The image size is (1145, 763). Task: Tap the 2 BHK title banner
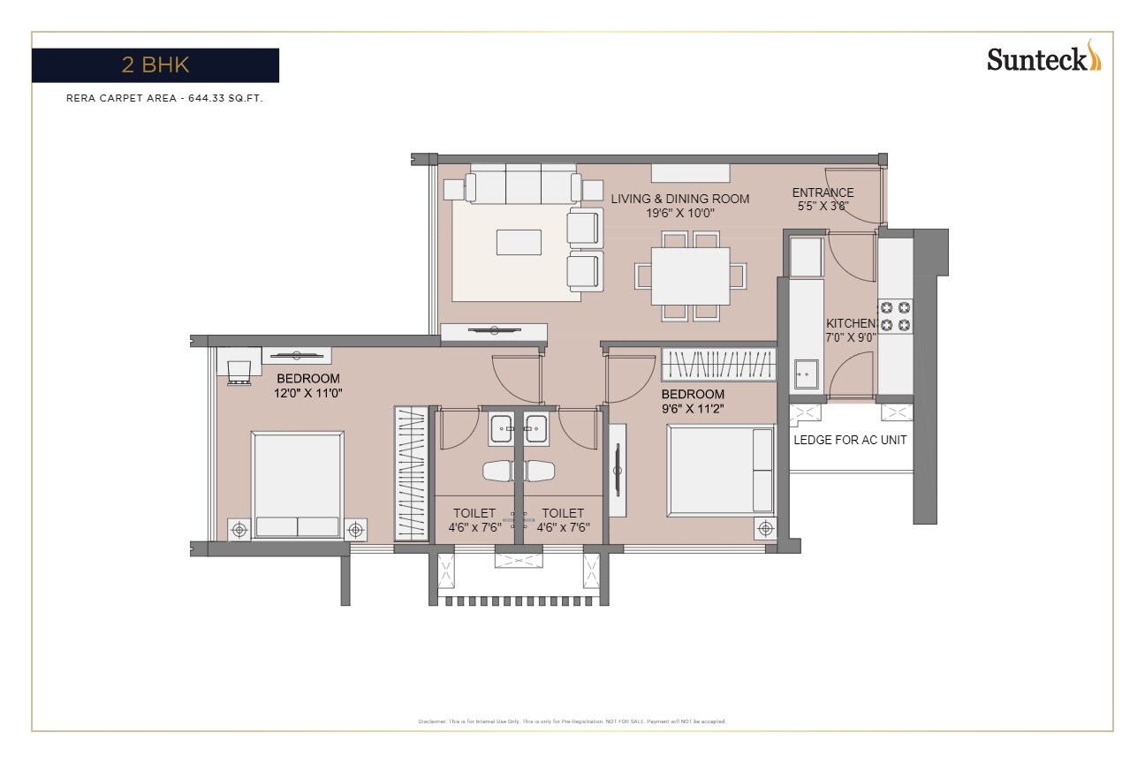(155, 65)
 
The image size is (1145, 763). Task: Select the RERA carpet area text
(164, 99)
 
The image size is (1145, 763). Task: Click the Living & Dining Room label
(679, 199)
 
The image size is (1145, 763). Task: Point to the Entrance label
(823, 193)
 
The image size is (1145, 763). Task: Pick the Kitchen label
(851, 323)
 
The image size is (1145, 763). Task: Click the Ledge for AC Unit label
(850, 440)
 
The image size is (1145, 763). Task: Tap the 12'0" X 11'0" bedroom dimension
(307, 393)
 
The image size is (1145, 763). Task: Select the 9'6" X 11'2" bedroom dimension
(693, 408)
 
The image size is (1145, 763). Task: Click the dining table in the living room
(690, 276)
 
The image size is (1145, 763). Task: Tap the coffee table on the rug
(519, 242)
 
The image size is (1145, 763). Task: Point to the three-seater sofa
(522, 185)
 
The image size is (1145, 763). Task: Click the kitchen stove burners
(894, 316)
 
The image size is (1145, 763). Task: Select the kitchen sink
(806, 374)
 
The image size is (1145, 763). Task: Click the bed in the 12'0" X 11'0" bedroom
(298, 484)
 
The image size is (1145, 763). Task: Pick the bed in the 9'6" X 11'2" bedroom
(720, 470)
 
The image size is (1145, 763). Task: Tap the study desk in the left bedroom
(239, 363)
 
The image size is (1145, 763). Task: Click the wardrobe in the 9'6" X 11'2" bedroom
(719, 365)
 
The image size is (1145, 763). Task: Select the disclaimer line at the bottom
(572, 721)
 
